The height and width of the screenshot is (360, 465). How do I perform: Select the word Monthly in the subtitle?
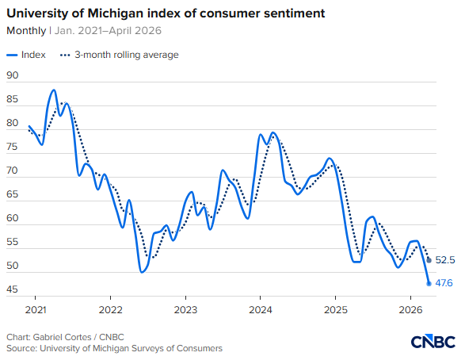coord(25,31)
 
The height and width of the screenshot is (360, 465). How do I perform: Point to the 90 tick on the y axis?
coord(12,76)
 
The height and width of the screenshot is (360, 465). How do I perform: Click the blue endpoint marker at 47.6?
coord(429,283)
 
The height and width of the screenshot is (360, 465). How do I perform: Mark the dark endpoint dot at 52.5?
coord(429,260)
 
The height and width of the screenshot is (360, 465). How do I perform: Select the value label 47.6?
coord(445,283)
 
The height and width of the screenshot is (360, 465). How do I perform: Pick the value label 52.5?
coord(445,260)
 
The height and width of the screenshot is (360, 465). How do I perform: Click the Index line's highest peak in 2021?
coord(54,90)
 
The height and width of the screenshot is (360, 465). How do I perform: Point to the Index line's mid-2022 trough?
coord(142,272)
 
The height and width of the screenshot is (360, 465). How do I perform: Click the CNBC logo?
coord(433,341)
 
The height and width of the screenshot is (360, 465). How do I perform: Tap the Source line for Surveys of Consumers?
coord(114,348)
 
